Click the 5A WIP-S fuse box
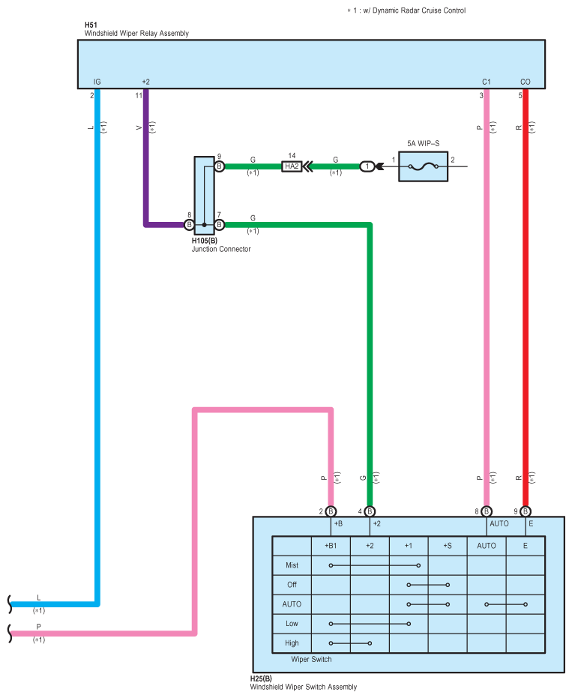423,166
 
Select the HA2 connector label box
292,166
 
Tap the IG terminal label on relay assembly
97,82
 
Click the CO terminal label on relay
526,82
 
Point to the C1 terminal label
486,82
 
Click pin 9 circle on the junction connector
219,166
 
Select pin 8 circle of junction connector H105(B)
189,225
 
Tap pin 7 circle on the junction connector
219,225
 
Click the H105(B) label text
205,241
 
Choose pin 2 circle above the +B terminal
331,511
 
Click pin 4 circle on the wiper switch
370,511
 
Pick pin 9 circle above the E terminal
526,511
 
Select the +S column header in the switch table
448,546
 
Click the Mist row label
292,565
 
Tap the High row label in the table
292,643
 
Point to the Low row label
292,624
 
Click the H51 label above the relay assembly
91,25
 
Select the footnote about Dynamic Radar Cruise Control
406,10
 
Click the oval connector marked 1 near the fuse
367,166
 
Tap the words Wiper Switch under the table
311,659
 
